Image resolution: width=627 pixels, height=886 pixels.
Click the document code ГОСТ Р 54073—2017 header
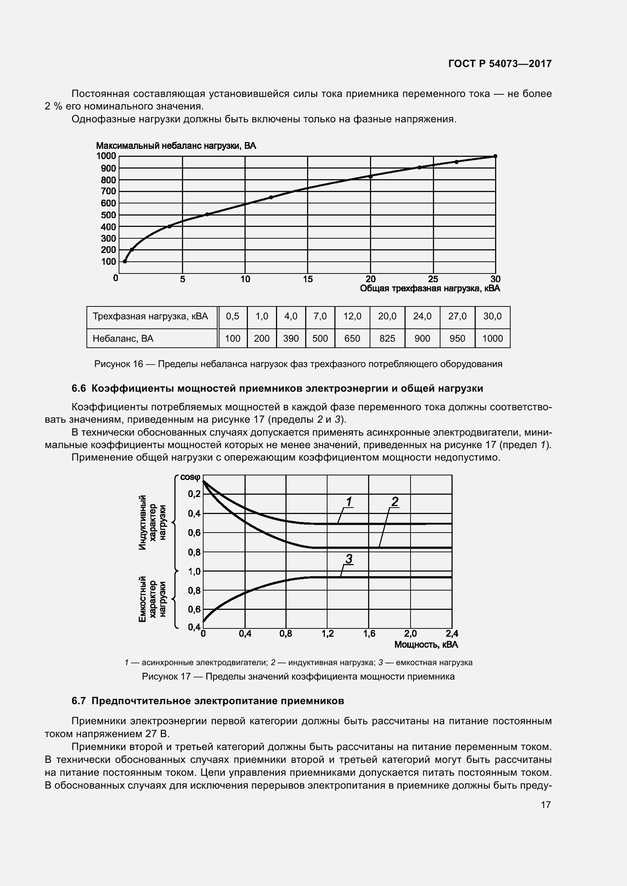(500, 64)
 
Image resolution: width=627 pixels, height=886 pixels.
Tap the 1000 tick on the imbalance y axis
(106, 156)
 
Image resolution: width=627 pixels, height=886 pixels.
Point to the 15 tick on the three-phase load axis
(308, 279)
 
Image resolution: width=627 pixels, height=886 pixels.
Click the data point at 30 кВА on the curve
(495, 156)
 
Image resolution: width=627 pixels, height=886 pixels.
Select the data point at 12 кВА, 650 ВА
(271, 197)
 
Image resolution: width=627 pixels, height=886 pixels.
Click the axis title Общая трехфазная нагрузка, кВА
(430, 289)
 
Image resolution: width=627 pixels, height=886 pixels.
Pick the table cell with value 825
(387, 338)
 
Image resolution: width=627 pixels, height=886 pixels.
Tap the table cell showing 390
(291, 338)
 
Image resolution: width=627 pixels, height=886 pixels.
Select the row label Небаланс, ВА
(123, 338)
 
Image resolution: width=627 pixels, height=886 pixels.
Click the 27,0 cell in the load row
(457, 316)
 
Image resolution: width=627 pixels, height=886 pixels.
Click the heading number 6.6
(79, 389)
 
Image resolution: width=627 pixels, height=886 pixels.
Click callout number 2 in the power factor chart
(395, 502)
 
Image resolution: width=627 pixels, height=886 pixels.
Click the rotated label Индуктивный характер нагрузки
(152, 522)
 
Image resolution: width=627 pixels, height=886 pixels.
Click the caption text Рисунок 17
(166, 677)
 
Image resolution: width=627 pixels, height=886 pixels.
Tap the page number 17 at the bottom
(545, 805)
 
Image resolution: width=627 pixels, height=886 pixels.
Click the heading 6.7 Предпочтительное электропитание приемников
(208, 701)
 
